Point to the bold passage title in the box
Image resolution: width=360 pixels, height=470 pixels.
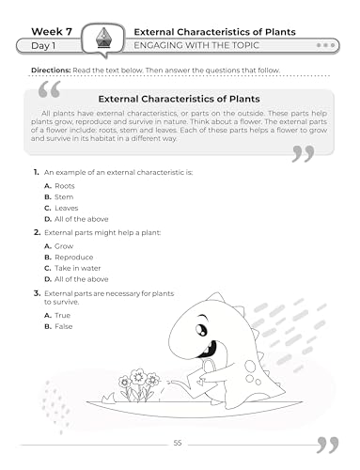tap(180, 98)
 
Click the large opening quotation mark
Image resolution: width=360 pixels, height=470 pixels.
tap(51, 91)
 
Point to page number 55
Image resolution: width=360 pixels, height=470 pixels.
tap(179, 443)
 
